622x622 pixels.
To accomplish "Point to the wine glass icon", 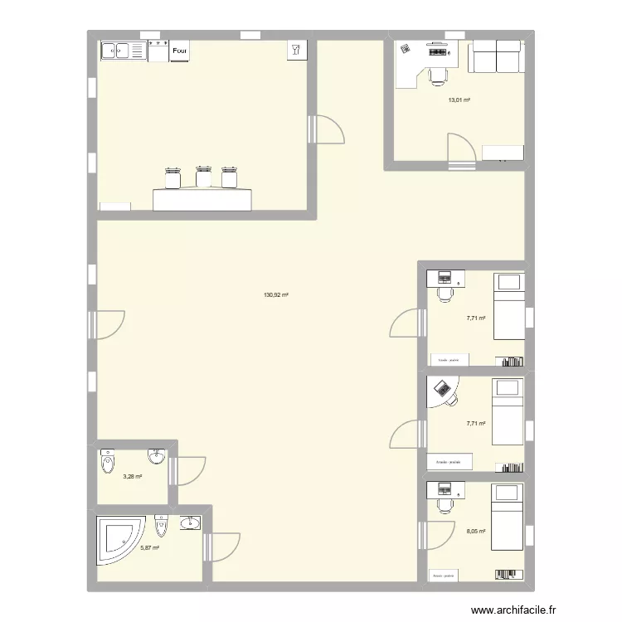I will click(x=295, y=50).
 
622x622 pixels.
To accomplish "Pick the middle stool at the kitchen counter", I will click(x=203, y=177).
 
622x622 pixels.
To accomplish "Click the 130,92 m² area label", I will click(x=276, y=294).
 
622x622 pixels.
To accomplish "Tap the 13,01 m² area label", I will click(x=459, y=100).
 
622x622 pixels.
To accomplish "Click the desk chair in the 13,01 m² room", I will click(x=438, y=75).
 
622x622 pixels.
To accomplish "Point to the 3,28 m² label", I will click(x=133, y=477).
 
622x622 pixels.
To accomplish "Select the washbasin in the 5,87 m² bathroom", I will click(x=190, y=522).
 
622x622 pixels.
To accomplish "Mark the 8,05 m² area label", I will click(x=476, y=532).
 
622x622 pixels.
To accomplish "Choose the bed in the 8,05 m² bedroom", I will click(x=506, y=518).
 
